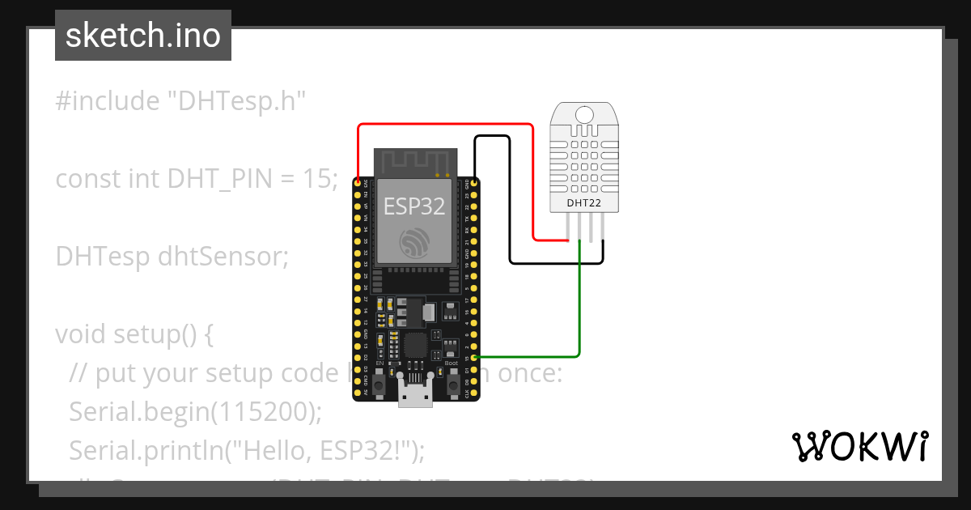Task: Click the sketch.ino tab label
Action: coord(143,36)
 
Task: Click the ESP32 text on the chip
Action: coord(414,206)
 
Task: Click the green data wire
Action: coord(579,308)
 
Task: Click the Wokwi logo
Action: coord(860,446)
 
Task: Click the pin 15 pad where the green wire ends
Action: coord(474,357)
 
